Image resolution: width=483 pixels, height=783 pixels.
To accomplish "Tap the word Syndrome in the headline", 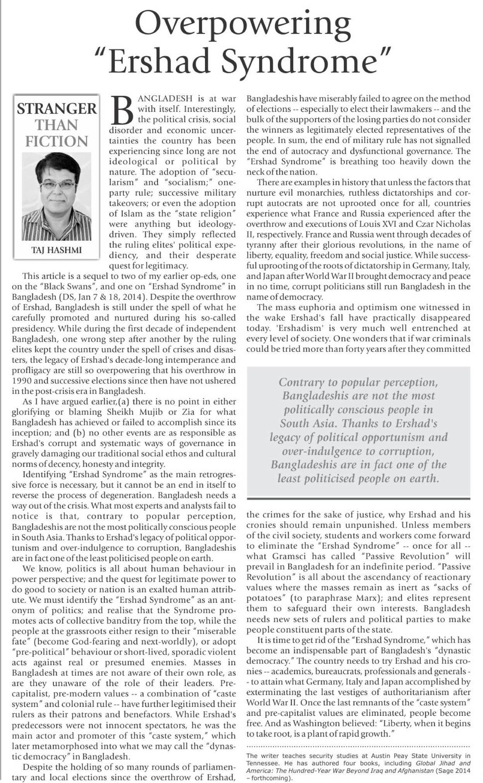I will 300,61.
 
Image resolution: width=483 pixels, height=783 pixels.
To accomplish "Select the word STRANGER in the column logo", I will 57,108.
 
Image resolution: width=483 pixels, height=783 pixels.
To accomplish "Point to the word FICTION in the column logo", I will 57,141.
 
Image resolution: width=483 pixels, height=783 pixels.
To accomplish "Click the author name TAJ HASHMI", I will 57,250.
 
